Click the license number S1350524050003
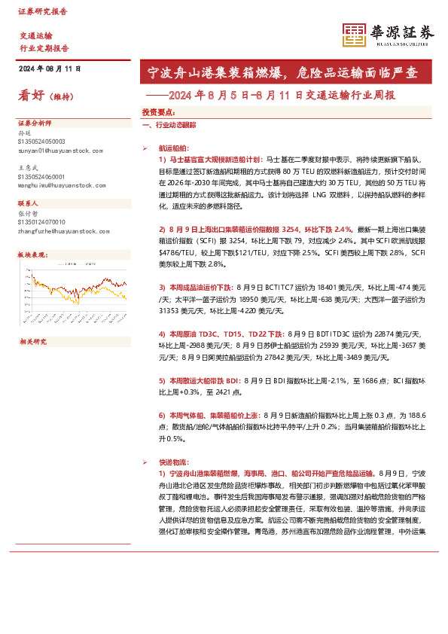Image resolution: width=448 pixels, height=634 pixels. click(x=41, y=141)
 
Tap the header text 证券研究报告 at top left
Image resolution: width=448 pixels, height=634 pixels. click(x=42, y=11)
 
